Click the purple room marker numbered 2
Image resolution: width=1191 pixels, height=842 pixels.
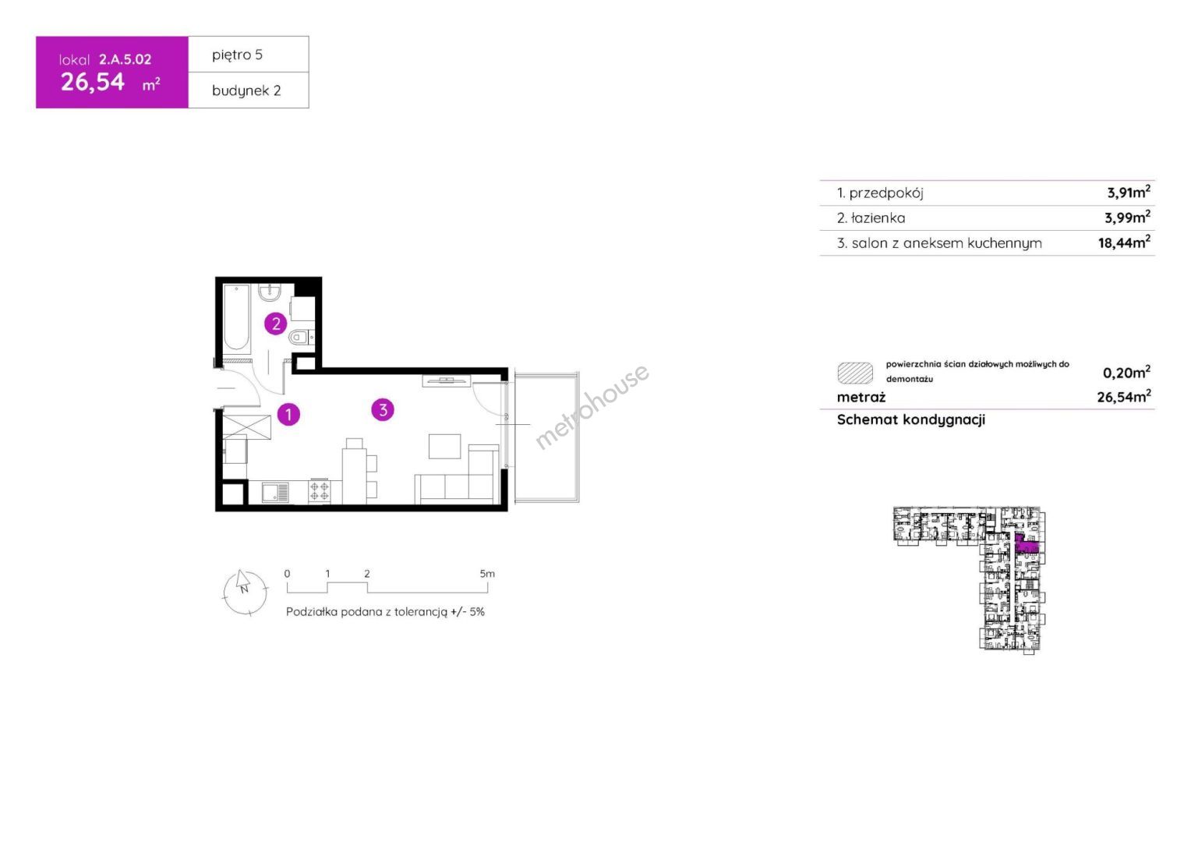[275, 324]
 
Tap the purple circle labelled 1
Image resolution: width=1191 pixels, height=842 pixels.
[288, 414]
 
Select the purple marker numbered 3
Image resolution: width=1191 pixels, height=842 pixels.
[383, 409]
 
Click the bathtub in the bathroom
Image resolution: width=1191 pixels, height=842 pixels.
[236, 317]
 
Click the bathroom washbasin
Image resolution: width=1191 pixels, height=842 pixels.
[270, 292]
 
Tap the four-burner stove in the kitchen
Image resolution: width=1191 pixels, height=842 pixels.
[319, 491]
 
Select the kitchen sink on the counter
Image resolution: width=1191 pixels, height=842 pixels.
[275, 492]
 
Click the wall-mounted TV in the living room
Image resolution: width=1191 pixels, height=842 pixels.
[447, 380]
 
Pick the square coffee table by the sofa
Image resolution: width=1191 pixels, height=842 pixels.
[444, 446]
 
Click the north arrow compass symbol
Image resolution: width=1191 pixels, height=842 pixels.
[245, 593]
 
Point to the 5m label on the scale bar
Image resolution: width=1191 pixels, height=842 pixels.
[487, 574]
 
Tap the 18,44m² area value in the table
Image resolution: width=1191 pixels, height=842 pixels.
[1124, 242]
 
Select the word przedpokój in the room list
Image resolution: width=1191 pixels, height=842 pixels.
[885, 193]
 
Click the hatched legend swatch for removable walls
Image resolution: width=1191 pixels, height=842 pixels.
[855, 373]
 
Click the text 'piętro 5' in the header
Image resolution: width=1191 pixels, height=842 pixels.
[237, 55]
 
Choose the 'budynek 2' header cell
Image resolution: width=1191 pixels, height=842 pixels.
[249, 90]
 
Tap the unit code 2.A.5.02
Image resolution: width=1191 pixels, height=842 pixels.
[125, 59]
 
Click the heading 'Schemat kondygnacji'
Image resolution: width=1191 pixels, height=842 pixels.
[911, 419]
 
